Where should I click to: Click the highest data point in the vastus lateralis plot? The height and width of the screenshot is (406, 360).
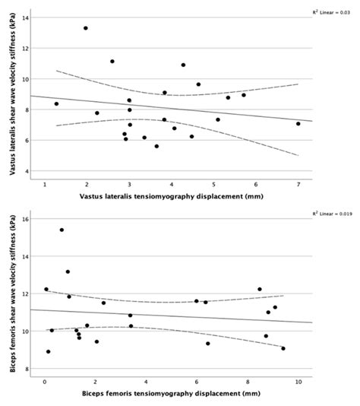[x=86, y=28]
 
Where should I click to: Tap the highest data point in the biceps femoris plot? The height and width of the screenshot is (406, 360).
[x=62, y=230]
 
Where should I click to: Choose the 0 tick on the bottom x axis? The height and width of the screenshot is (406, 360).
[x=45, y=382]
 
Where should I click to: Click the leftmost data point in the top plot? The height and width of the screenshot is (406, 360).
[x=56, y=104]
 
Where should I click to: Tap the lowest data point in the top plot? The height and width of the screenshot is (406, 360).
[x=156, y=146]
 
